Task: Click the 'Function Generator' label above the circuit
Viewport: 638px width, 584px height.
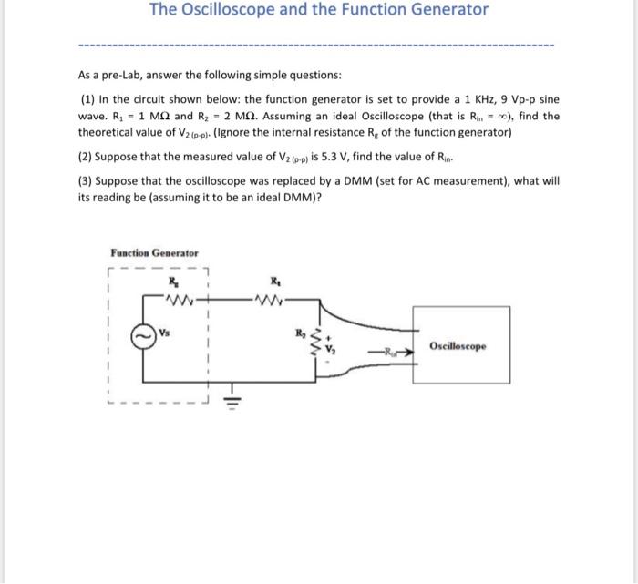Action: (x=154, y=252)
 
